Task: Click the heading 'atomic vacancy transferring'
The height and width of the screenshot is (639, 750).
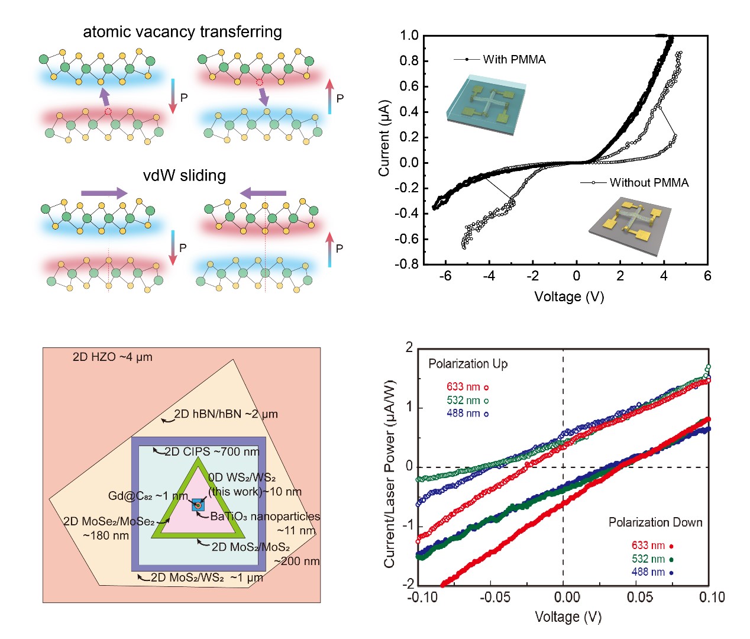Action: [182, 32]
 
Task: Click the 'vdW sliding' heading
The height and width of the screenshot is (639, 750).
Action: [185, 176]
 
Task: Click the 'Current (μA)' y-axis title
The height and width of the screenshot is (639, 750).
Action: [384, 138]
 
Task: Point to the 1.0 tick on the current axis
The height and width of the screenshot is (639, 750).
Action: [409, 35]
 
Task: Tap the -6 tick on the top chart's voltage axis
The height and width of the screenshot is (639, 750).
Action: [445, 276]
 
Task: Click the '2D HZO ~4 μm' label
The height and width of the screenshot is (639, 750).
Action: [112, 357]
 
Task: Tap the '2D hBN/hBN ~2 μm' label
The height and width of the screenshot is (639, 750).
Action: [226, 414]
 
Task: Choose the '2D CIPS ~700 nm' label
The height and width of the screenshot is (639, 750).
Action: [212, 452]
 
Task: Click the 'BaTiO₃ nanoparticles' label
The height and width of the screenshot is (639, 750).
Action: [265, 517]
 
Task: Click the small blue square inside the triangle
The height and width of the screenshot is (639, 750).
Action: [198, 505]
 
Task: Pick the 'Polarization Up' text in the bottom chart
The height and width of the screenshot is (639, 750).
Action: [468, 364]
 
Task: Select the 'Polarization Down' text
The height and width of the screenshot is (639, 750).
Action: [655, 522]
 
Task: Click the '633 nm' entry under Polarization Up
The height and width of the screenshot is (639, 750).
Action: [464, 387]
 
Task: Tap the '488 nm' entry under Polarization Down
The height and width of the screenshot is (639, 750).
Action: [648, 572]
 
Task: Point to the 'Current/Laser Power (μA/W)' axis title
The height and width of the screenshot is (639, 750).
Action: [389, 473]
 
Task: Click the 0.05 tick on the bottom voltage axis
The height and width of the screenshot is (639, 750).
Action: [640, 598]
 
